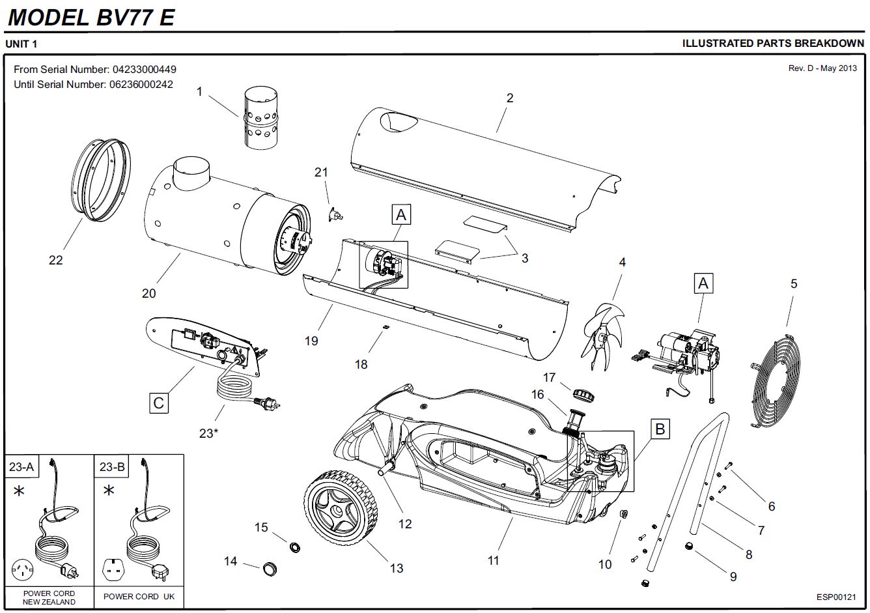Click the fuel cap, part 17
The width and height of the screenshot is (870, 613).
click(581, 393)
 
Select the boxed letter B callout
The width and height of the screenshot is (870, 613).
click(660, 429)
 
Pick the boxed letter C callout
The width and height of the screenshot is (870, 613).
click(158, 403)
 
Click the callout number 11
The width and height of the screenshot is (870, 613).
click(493, 560)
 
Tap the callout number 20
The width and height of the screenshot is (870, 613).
click(149, 294)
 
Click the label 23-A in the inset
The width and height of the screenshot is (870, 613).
click(21, 466)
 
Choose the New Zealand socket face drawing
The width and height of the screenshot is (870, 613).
click(25, 571)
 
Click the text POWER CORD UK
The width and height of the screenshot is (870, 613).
click(139, 597)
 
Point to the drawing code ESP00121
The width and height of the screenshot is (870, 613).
click(836, 597)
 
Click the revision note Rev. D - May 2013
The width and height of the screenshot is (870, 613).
click(822, 68)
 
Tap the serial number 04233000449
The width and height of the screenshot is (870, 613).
click(144, 69)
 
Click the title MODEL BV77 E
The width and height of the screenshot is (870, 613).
click(91, 16)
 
